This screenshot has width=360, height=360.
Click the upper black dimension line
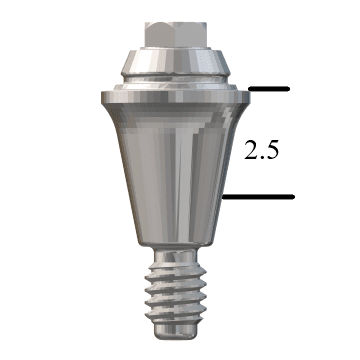[268, 89]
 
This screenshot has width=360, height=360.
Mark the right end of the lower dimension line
[292, 197]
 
